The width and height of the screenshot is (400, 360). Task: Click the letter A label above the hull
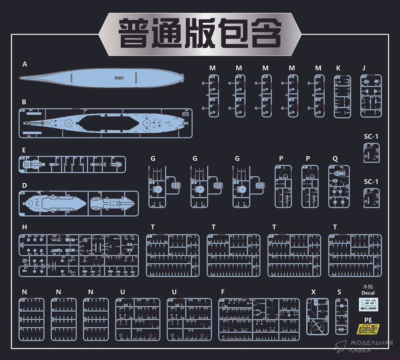25,64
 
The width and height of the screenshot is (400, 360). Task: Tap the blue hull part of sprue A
100,77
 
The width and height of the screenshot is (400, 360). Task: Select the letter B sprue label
24,102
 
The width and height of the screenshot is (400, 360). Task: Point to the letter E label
24,150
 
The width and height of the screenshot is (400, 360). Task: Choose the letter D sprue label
24,185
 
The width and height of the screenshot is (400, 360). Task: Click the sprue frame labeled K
342,97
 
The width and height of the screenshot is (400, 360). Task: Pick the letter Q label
335,159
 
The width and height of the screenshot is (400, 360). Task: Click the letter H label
24,227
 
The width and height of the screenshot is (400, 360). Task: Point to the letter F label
223,292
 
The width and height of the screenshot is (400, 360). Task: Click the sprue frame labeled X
317,316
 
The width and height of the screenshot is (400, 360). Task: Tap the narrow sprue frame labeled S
341,316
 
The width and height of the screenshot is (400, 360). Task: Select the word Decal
368,293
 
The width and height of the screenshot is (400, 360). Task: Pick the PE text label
368,320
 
